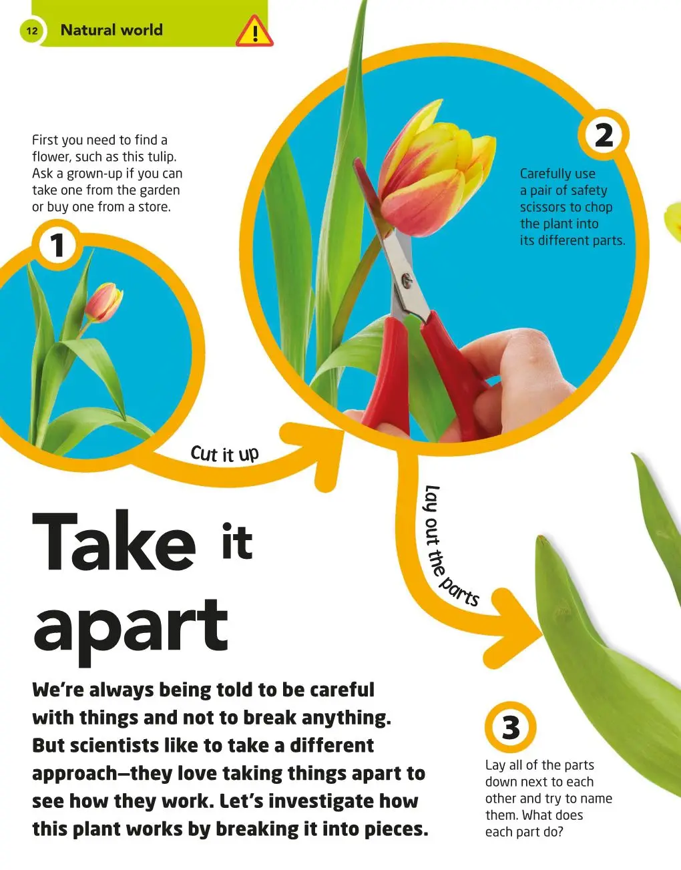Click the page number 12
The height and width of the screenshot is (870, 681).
pos(31,31)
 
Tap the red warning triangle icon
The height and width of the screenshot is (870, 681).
pos(254,31)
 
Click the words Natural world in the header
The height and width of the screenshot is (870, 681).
pos(111,30)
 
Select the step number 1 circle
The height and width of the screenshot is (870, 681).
pos(57,245)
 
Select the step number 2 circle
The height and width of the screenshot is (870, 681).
pos(604,136)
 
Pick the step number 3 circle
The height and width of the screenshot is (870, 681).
pos(511,726)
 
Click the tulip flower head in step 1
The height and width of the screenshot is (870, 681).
pos(103,302)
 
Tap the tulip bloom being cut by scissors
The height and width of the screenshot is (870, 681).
pos(437,168)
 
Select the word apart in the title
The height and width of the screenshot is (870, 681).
pos(131,632)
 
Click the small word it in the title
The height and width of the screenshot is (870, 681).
pos(237,540)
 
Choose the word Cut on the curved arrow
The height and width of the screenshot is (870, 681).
pos(204,453)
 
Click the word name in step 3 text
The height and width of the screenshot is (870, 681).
pos(596,799)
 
